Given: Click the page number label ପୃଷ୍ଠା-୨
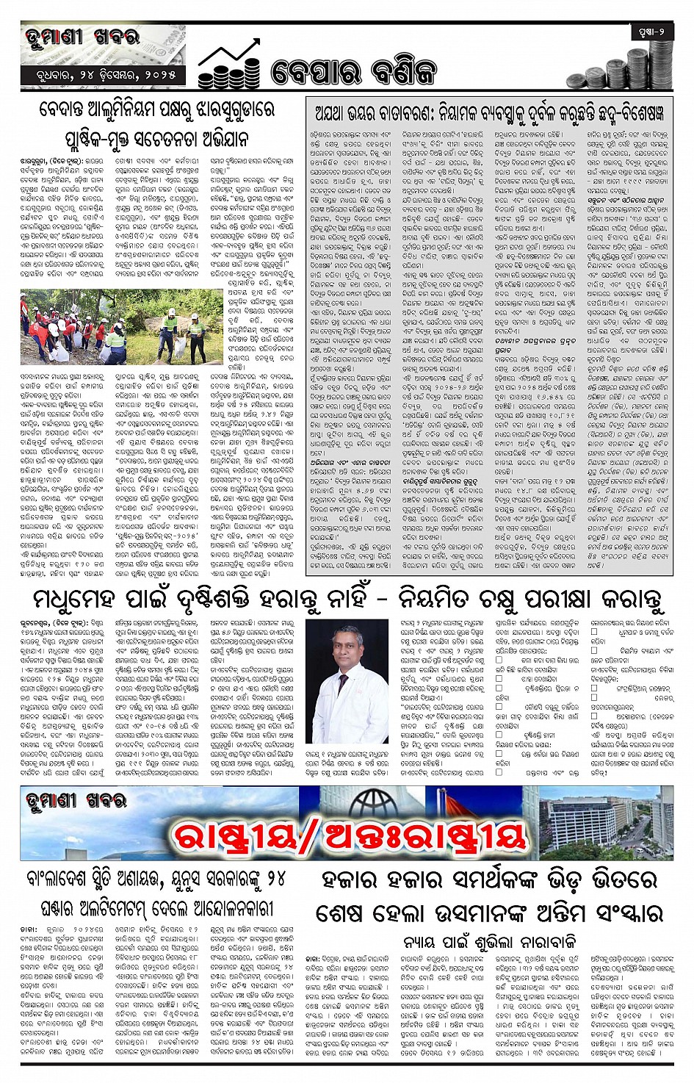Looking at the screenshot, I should [651, 32].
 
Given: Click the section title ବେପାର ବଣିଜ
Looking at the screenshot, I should [353, 72].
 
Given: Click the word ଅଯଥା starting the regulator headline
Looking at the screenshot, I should [333, 113].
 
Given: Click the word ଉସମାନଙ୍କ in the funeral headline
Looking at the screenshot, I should [478, 913].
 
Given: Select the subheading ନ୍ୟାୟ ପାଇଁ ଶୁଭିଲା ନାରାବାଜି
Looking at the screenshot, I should [488, 941].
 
